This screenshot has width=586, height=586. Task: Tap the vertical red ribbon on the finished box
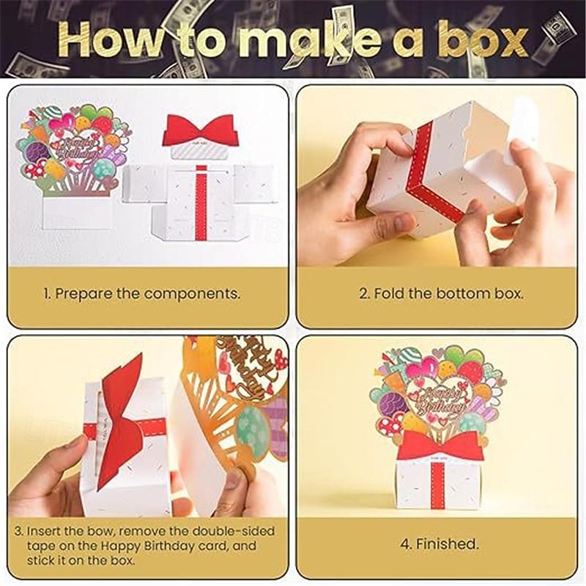coord(438,483)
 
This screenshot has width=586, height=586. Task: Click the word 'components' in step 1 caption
coord(192,294)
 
